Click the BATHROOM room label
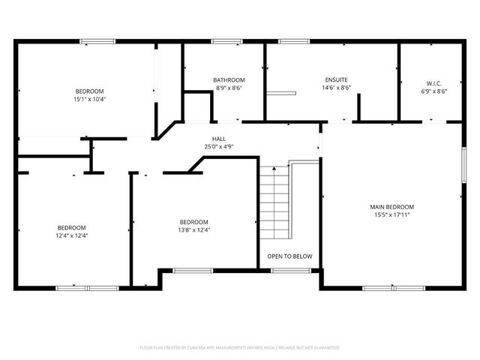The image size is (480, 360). (228, 79)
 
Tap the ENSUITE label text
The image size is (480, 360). (336, 79)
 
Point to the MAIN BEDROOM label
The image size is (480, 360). (391, 206)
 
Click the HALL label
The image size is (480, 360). (219, 139)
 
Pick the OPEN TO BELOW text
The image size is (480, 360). (289, 256)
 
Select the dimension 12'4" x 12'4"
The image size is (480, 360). (72, 235)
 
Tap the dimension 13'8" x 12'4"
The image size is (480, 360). (193, 229)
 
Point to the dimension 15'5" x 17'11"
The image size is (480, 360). (391, 214)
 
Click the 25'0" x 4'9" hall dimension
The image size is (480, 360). (219, 147)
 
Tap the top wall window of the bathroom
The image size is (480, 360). (224, 41)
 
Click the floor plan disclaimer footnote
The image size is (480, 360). (240, 348)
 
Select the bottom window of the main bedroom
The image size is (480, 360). (394, 288)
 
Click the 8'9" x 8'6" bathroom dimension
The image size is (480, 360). (228, 88)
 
